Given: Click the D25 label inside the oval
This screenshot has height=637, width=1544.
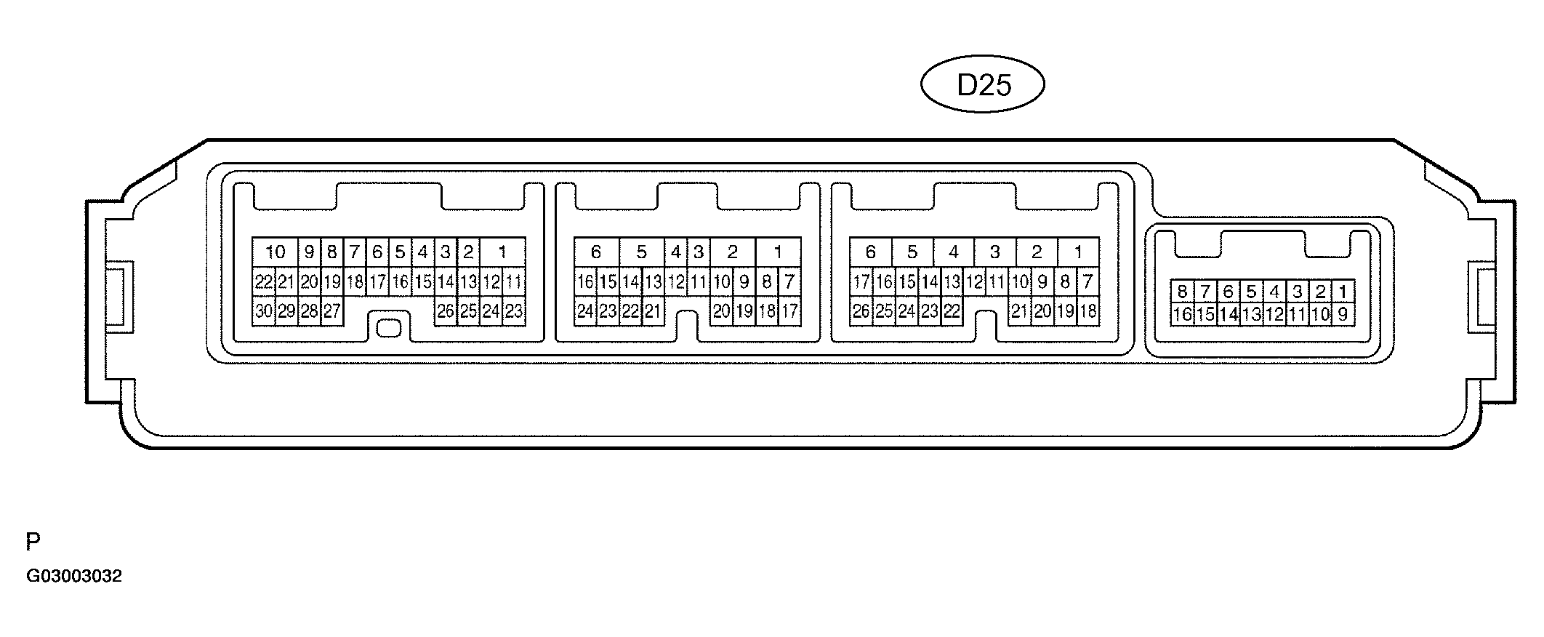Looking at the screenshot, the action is pos(984,85).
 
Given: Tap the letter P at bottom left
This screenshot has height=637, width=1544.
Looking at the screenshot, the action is pos(33,542).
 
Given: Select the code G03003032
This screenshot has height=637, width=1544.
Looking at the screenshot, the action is pos(74,577).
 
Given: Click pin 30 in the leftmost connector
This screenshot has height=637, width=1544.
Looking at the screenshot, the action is pos(263,311).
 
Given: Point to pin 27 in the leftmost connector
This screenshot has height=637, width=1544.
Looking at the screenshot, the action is pos(331,311).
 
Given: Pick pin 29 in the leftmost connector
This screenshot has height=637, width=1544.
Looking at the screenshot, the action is pos(286,311).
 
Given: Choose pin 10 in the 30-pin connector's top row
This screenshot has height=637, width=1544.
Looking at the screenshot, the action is pos(275,252).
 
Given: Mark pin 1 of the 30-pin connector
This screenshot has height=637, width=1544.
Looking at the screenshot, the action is pos(502,252).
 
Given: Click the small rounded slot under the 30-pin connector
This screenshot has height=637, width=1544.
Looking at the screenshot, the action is pos(389,328).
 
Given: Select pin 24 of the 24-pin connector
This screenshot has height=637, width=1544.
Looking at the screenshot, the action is pos(585,311).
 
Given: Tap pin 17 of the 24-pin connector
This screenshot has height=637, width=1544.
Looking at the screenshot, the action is pos(789,311).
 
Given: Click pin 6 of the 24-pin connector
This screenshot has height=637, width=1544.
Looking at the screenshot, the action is pos(596,252).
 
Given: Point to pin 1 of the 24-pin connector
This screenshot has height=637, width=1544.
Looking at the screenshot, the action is pos(778,252).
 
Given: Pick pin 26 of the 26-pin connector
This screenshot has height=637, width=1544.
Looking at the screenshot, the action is pos(861,311).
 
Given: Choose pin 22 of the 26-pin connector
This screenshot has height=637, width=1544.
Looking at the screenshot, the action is pos(952,311).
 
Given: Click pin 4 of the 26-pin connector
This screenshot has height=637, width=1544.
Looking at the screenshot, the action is pos(954,252).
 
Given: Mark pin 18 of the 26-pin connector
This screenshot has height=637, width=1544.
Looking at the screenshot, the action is pos(1087,311).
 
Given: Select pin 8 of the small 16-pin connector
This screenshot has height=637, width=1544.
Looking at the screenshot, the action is pos(1182,292).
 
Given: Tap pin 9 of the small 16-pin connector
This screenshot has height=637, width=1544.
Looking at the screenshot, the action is pos(1343,314).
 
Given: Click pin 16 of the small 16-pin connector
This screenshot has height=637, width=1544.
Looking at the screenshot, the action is pos(1182,314).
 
